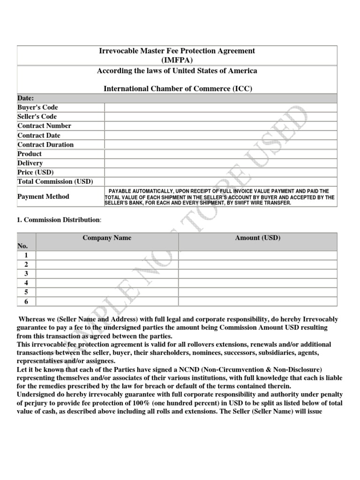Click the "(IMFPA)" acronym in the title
coord(177,60)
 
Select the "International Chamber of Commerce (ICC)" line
coord(178,89)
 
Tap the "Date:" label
coord(26,98)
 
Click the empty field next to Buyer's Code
coord(220,107)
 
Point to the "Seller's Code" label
coord(37,117)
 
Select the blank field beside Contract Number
coord(220,126)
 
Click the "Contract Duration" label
coord(45,145)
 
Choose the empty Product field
coord(220,154)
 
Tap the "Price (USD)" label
coord(36,172)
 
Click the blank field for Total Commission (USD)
coord(220,182)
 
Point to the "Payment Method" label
coord(43,197)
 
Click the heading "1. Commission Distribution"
coord(59,219)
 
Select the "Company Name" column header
coord(107,238)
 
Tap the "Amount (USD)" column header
coord(257,238)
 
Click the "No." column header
coord(22,246)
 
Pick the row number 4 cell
coord(26,283)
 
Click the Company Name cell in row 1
coord(107,255)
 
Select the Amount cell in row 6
coord(257,301)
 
